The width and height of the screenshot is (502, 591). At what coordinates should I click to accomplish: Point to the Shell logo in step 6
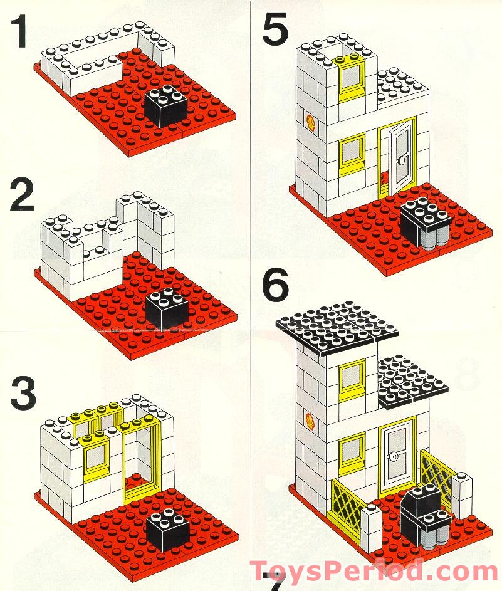tap(309, 418)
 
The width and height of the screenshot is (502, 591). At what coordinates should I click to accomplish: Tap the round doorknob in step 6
tap(394, 457)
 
